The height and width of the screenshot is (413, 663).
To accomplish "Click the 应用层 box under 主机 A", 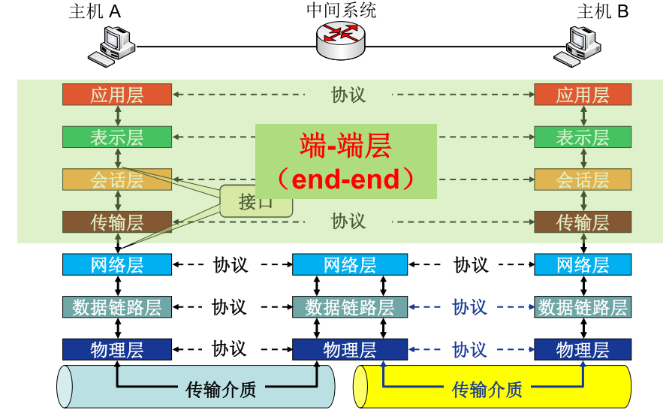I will (x=117, y=95).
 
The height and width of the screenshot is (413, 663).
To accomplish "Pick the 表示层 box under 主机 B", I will (x=583, y=137).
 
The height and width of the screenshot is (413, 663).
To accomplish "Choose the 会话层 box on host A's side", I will (x=117, y=180).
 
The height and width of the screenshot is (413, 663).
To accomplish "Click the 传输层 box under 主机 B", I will (x=583, y=222).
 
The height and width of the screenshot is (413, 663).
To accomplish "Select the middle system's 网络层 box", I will (x=350, y=264).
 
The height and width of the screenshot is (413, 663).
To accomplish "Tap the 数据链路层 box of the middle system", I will (x=350, y=307).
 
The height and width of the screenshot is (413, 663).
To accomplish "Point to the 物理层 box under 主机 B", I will (x=583, y=349).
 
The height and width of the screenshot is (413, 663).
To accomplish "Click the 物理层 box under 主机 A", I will (x=117, y=349).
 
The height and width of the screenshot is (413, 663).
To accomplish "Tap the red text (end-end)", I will (x=345, y=179).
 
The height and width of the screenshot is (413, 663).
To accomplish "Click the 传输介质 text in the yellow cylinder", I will (x=487, y=389).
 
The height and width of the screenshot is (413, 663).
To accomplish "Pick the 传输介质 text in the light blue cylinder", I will (x=221, y=389).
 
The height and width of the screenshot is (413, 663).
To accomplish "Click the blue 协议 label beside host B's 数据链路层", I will (x=470, y=307).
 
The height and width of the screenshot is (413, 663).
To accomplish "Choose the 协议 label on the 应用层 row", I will (x=348, y=95).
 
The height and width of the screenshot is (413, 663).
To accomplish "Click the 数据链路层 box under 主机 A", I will (x=117, y=307).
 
